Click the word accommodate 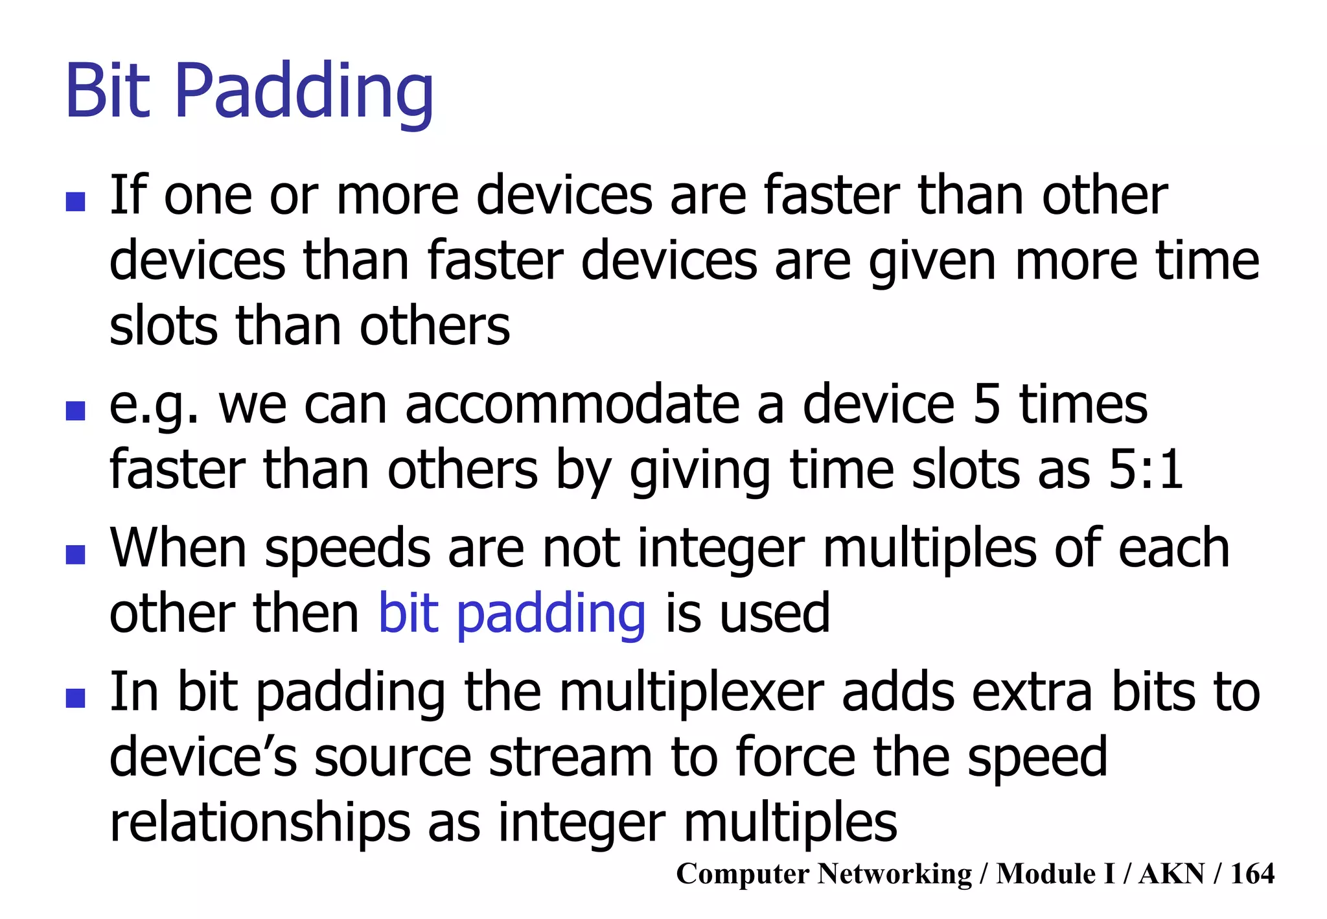click(573, 405)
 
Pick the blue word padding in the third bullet click(551, 614)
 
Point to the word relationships click(260, 824)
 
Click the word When click(178, 548)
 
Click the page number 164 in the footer click(1252, 874)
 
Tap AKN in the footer click(1171, 874)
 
